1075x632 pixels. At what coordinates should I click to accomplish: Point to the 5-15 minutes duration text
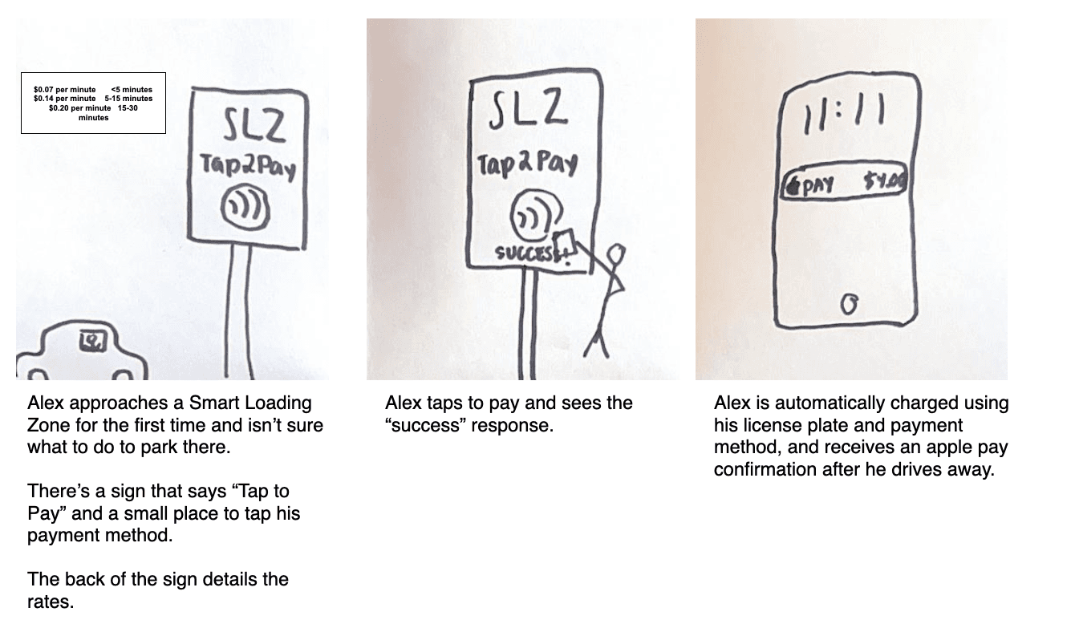(x=128, y=98)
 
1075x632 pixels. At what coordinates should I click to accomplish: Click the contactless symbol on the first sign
(x=245, y=208)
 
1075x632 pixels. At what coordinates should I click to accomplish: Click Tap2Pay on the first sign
(x=248, y=169)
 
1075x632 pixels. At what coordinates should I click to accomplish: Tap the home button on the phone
(x=850, y=304)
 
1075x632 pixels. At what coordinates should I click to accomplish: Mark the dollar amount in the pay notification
(x=885, y=184)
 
